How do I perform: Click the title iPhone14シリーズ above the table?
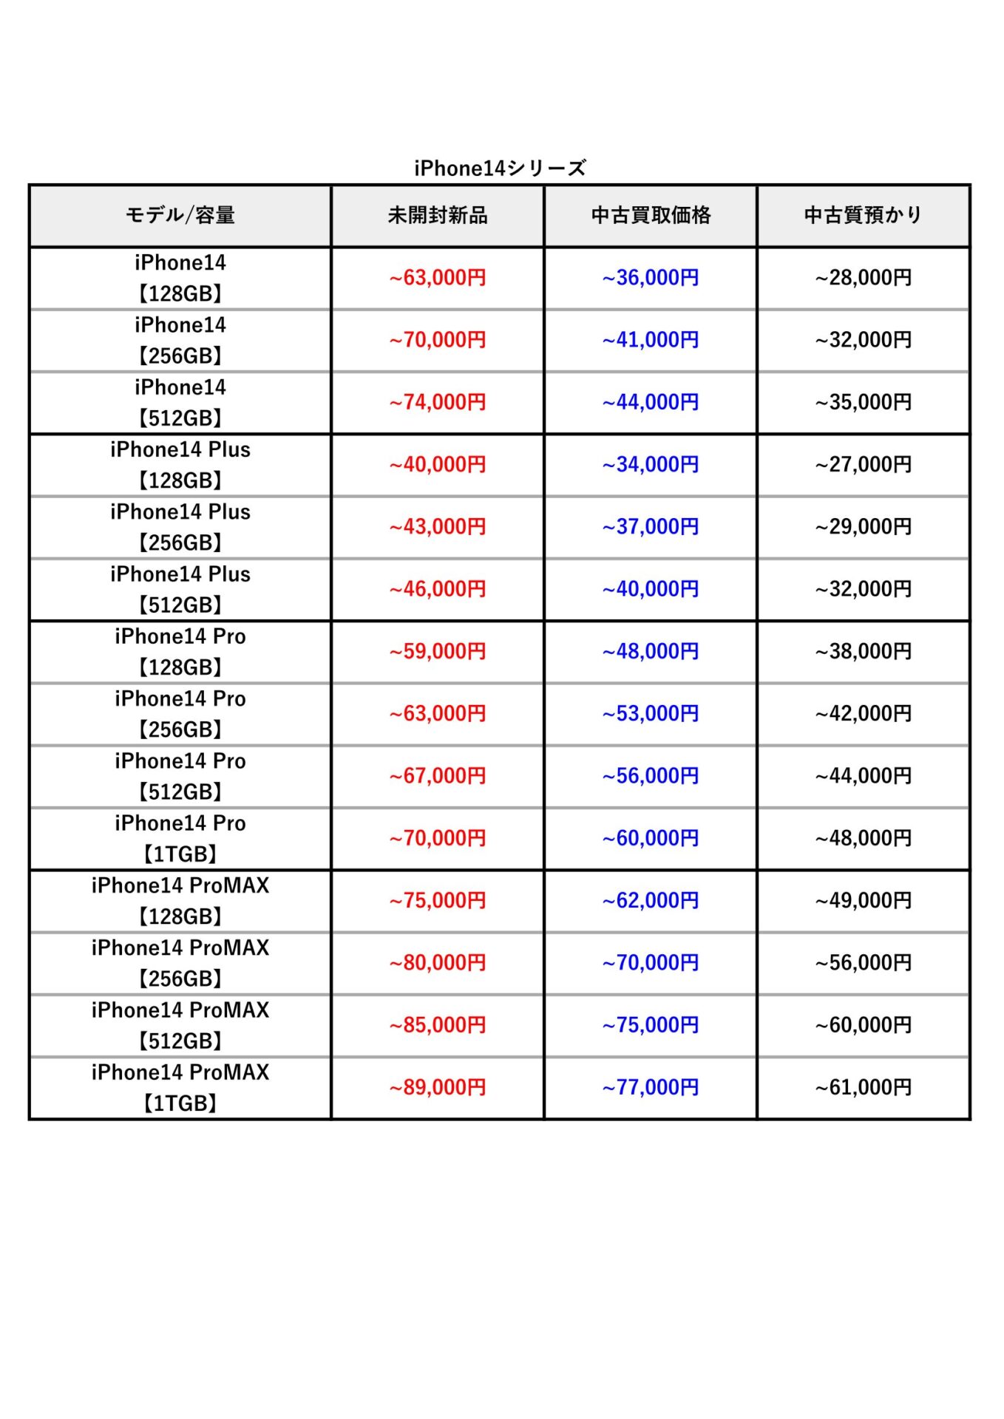pos(500,169)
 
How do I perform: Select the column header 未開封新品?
pos(438,215)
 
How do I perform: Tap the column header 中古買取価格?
pos(651,215)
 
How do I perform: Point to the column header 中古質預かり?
pos(863,215)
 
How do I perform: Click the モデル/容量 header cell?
pos(180,215)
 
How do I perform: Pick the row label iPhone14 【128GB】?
pos(180,278)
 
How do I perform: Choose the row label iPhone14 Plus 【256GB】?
pos(180,527)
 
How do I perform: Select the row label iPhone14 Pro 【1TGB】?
pos(180,838)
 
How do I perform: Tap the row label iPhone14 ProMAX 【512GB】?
pos(180,1025)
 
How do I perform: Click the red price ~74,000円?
pos(438,402)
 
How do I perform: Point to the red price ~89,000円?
pos(438,1087)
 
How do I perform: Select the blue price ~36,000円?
pos(651,278)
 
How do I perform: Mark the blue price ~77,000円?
pos(651,1087)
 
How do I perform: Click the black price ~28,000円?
pos(863,278)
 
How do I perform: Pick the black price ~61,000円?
pos(863,1087)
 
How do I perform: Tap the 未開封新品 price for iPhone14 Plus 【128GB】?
pos(438,464)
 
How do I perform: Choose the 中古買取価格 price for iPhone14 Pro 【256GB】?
pos(651,713)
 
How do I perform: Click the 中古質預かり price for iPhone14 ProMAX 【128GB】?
pos(863,900)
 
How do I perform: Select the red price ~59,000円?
pos(438,651)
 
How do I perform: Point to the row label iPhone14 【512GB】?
pos(180,402)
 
